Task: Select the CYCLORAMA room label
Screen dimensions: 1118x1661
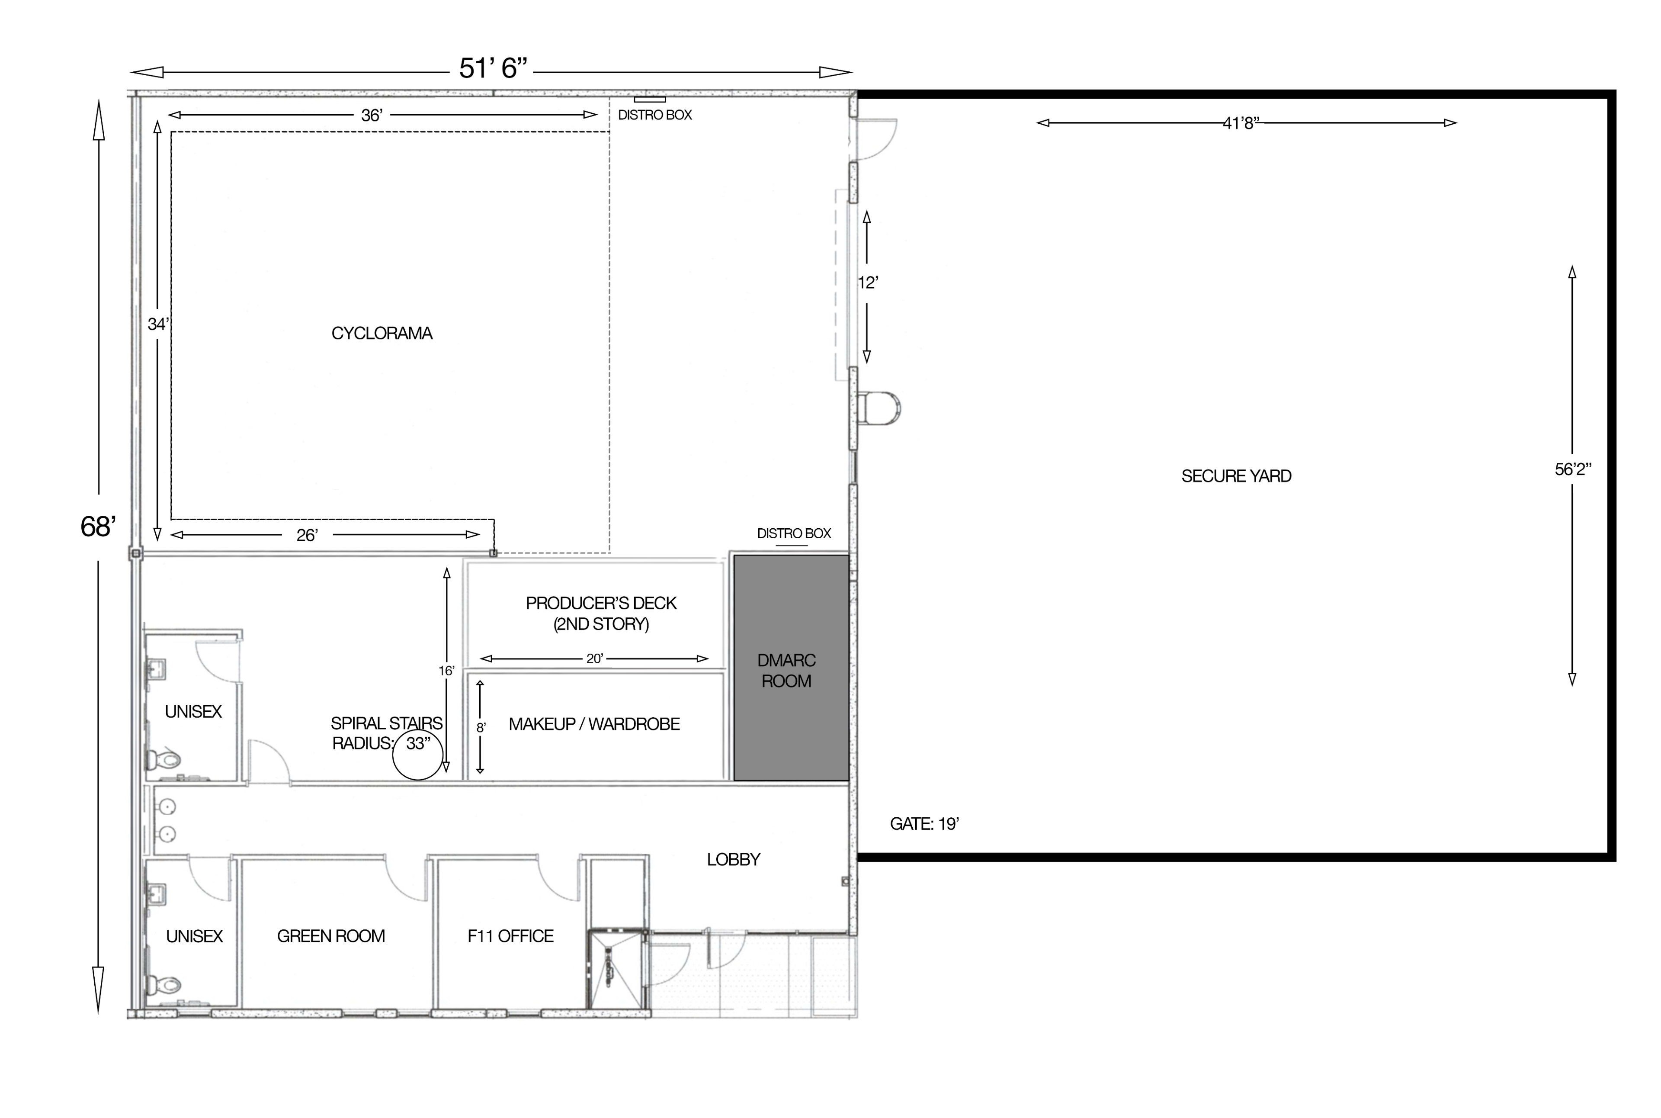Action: [x=382, y=333]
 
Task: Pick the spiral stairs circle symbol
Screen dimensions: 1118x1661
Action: [x=418, y=755]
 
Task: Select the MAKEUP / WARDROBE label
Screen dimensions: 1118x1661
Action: [x=594, y=724]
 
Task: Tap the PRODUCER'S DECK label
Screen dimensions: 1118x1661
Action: [x=600, y=613]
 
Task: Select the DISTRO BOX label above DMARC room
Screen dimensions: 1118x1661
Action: [x=793, y=533]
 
